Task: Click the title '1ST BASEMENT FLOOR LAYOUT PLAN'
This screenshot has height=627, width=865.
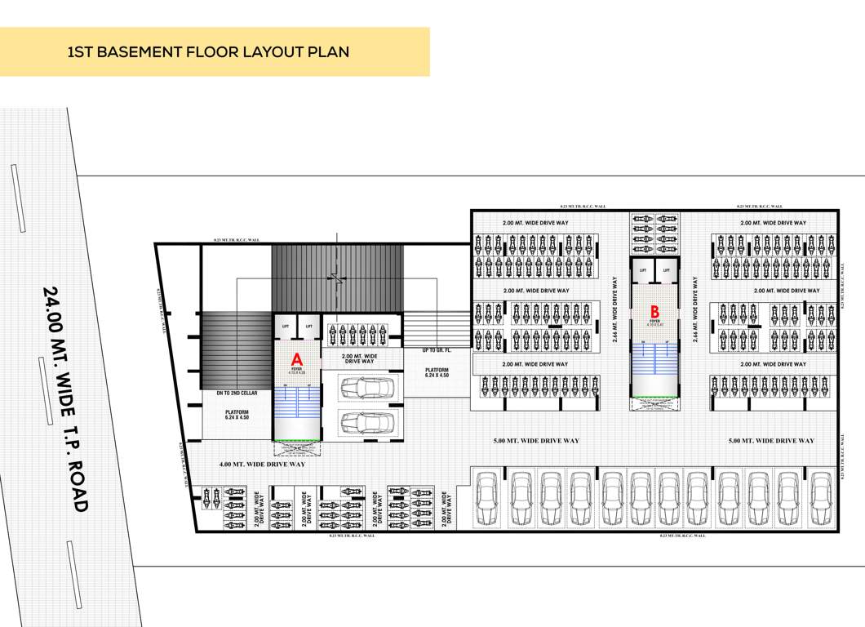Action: tap(208, 52)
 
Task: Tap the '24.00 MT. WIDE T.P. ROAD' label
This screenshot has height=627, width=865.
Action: tap(64, 398)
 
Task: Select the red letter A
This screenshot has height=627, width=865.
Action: tap(297, 358)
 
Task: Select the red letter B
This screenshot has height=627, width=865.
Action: tap(654, 311)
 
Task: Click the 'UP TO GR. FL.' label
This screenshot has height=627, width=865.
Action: tap(438, 350)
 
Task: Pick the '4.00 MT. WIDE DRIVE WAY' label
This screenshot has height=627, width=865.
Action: tap(262, 464)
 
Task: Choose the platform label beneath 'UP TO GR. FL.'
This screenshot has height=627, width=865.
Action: tap(438, 373)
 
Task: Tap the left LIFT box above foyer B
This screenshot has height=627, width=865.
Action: tap(643, 269)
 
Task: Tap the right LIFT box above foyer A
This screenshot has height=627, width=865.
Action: tap(308, 326)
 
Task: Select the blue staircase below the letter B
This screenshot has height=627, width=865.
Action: tap(654, 364)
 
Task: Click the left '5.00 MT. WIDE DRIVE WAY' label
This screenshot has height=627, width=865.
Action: tap(536, 441)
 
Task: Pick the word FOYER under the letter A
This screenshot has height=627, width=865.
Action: tap(297, 369)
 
